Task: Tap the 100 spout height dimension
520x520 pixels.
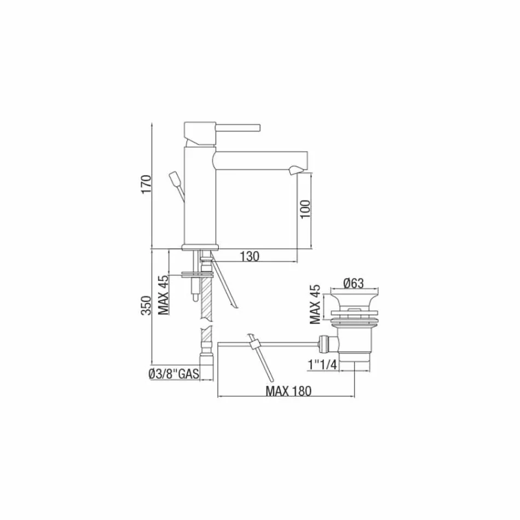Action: click(305, 209)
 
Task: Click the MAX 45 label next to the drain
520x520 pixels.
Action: click(314, 304)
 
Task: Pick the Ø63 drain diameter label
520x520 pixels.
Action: click(354, 283)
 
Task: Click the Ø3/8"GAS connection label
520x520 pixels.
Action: click(173, 374)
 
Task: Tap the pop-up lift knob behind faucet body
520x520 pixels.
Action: click(176, 179)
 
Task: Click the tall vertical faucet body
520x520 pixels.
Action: click(200, 197)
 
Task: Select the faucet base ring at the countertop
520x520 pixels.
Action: click(200, 246)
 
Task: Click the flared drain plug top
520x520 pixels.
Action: click(353, 299)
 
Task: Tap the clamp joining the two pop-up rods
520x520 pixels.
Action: click(253, 345)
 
